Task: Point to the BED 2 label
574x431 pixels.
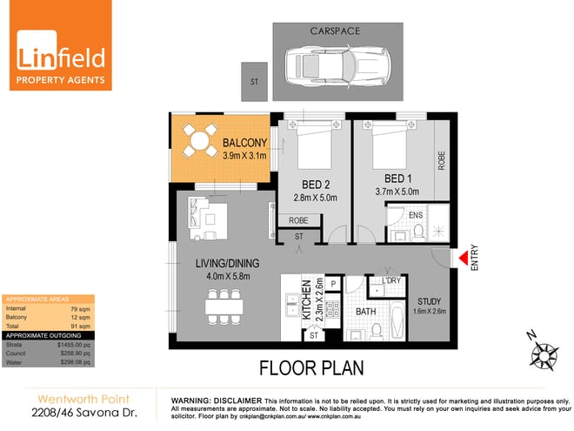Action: coord(310,184)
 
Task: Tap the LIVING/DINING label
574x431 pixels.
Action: coord(221,264)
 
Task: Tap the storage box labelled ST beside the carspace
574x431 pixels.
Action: coord(255,81)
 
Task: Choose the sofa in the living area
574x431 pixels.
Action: coord(210,216)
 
